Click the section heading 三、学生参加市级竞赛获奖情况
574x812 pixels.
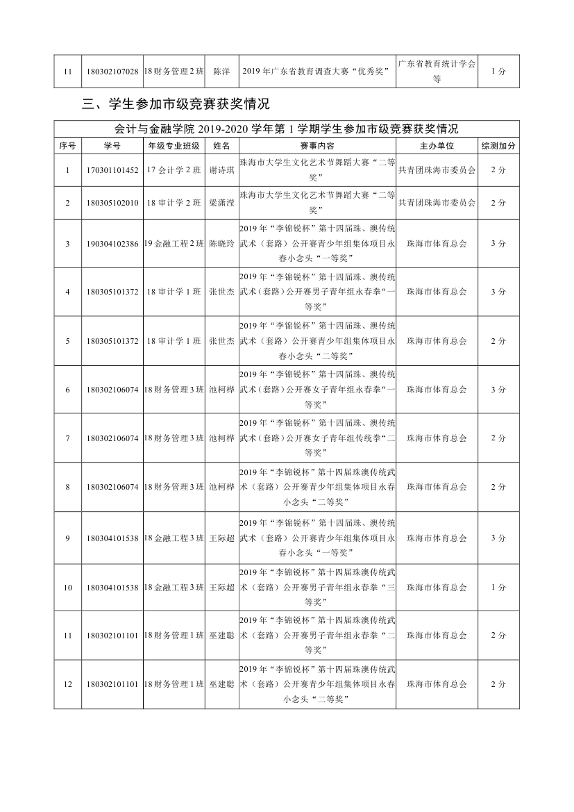click(176, 105)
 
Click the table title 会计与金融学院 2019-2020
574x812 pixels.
click(286, 129)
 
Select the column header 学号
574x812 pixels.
click(112, 146)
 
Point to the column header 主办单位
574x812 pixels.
click(437, 146)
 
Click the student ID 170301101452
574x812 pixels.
click(112, 170)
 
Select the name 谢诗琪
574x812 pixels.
click(222, 170)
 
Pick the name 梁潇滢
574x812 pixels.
click(222, 203)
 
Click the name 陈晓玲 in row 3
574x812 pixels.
click(222, 244)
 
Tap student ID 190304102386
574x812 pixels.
click(112, 244)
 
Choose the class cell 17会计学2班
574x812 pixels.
click(174, 170)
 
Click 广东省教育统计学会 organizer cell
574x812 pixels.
click(437, 71)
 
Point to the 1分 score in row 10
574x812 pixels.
click(498, 587)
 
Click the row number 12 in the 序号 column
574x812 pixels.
click(68, 684)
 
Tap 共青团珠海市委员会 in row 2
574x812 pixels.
click(437, 203)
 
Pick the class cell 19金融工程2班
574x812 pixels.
click(174, 244)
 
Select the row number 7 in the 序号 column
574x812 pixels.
click(68, 438)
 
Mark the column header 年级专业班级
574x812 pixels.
click(174, 146)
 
